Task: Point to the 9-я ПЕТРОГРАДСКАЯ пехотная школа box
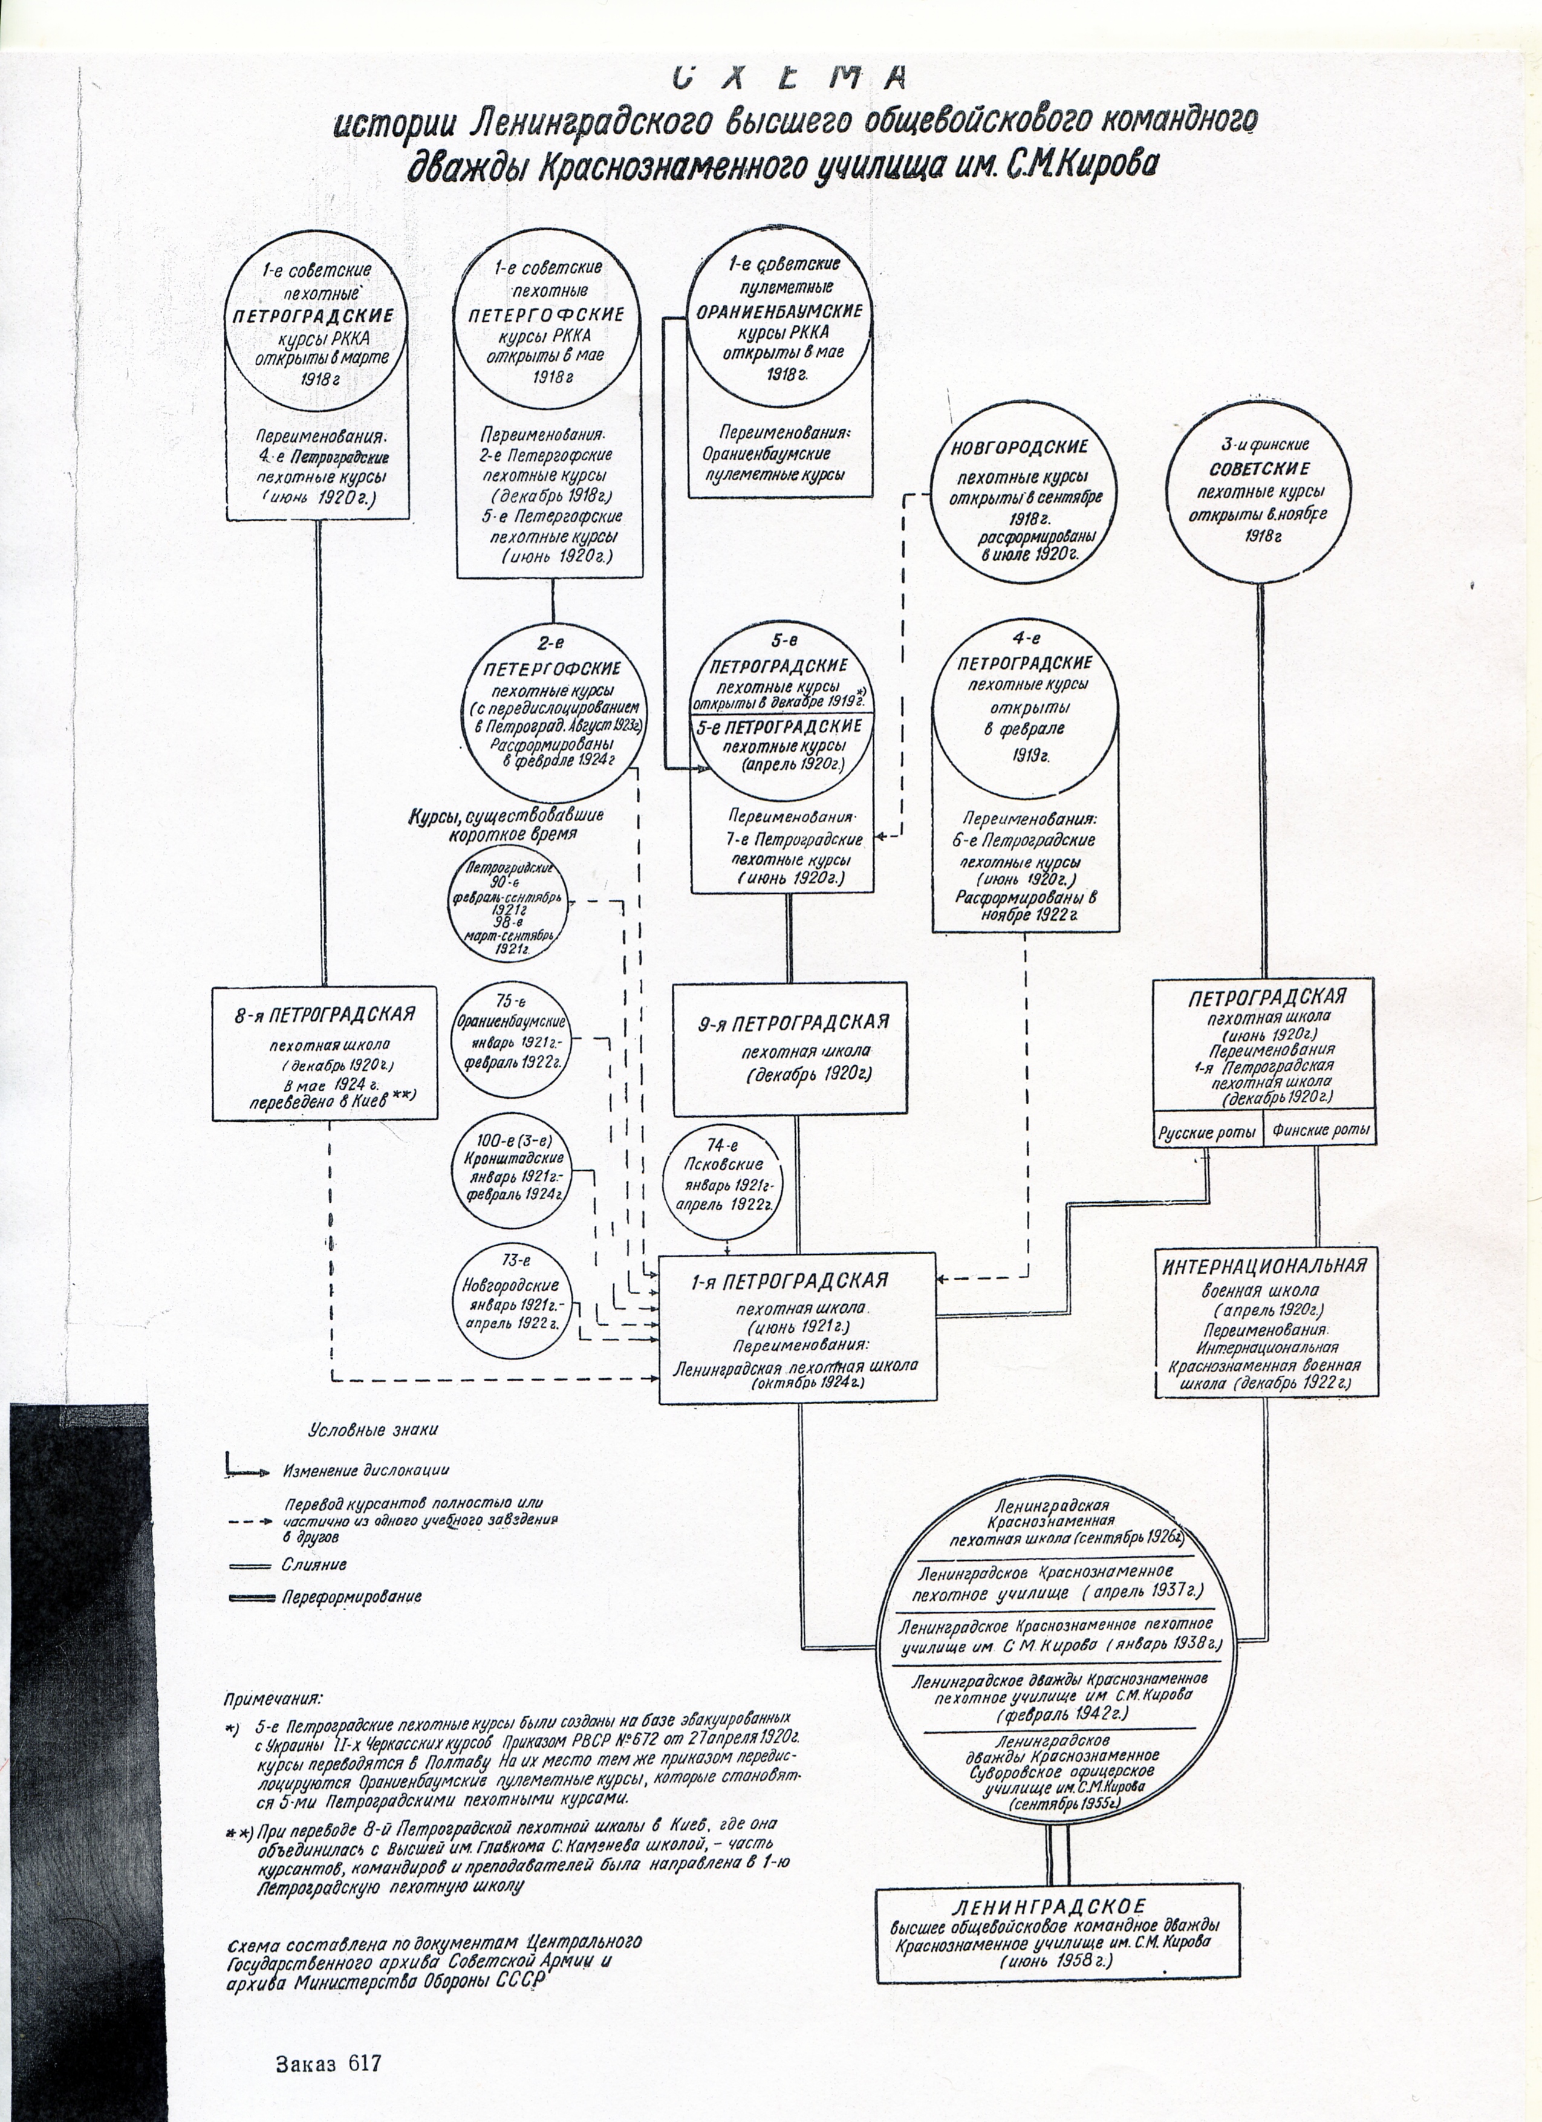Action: tap(790, 1048)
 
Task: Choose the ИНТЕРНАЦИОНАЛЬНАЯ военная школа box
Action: tap(1265, 1322)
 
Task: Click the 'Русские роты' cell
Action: tap(1206, 1132)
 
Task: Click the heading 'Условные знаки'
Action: tap(372, 1430)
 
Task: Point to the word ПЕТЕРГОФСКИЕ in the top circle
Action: tap(547, 314)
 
